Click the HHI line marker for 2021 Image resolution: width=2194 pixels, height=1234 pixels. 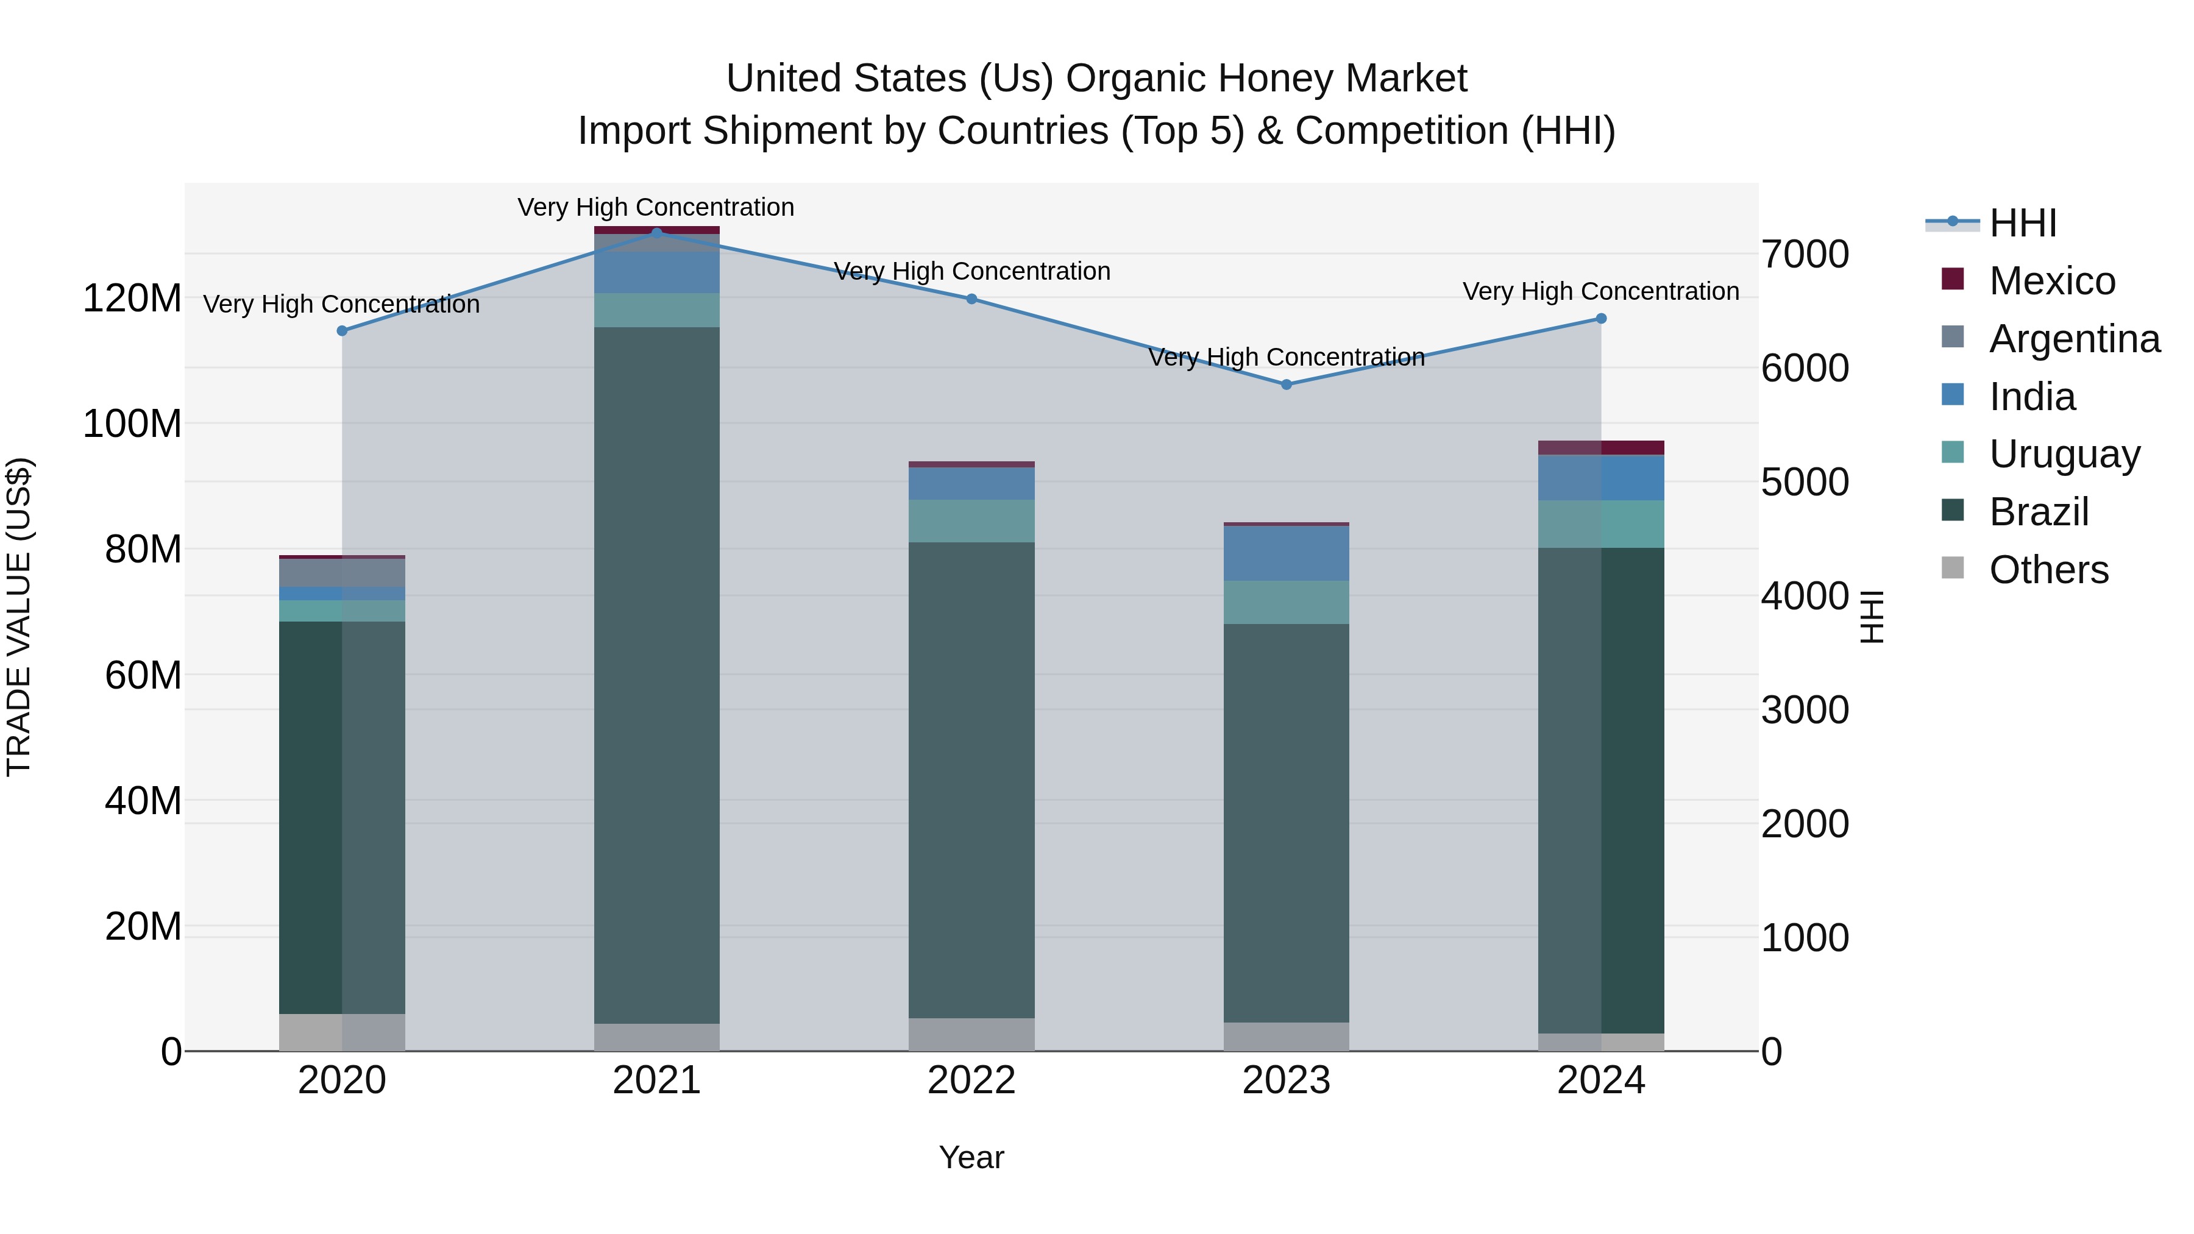pos(656,232)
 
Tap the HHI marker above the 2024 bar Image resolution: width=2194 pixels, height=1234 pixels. pos(1600,319)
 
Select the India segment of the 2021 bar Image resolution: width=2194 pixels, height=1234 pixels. pos(656,272)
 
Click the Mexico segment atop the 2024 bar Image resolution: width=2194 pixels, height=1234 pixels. pos(1600,448)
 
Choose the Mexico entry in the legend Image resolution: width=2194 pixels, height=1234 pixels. pos(2052,281)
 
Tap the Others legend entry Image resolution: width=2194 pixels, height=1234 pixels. pos(2048,570)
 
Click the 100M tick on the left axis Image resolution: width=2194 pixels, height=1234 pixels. pos(132,424)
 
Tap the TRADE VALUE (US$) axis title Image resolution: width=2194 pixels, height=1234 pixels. pos(19,617)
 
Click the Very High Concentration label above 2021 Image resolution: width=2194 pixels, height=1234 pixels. pos(656,207)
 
